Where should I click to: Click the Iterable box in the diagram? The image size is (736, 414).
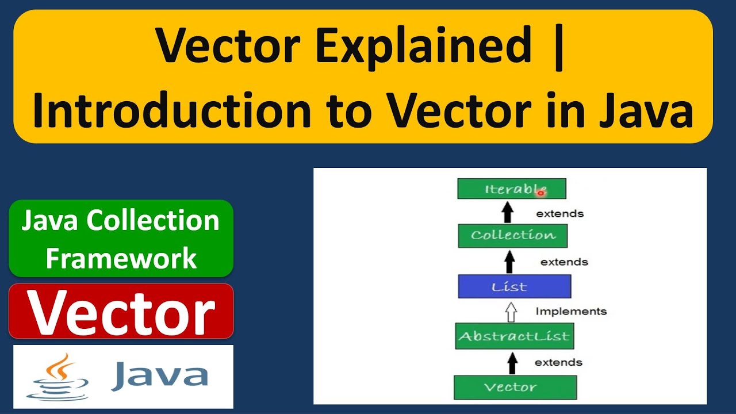pyautogui.click(x=511, y=189)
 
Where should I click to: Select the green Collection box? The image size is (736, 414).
pyautogui.click(x=512, y=235)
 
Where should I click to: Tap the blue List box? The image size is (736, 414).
pyautogui.click(x=514, y=286)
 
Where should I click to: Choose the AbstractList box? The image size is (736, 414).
pyautogui.click(x=514, y=336)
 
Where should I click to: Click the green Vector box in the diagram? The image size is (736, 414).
pyautogui.click(x=515, y=387)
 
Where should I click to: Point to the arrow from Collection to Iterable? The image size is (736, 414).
pyautogui.click(x=507, y=212)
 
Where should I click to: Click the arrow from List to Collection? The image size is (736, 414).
pyautogui.click(x=509, y=262)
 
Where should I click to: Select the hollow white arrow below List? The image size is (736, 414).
pyautogui.click(x=511, y=312)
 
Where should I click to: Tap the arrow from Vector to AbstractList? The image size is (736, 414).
pyautogui.click(x=512, y=362)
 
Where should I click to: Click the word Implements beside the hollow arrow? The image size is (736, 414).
pyautogui.click(x=570, y=312)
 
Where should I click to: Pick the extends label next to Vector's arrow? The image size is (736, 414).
pyautogui.click(x=558, y=362)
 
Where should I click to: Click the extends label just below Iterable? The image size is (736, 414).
pyautogui.click(x=559, y=214)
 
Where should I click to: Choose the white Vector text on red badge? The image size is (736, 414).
pyautogui.click(x=121, y=312)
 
